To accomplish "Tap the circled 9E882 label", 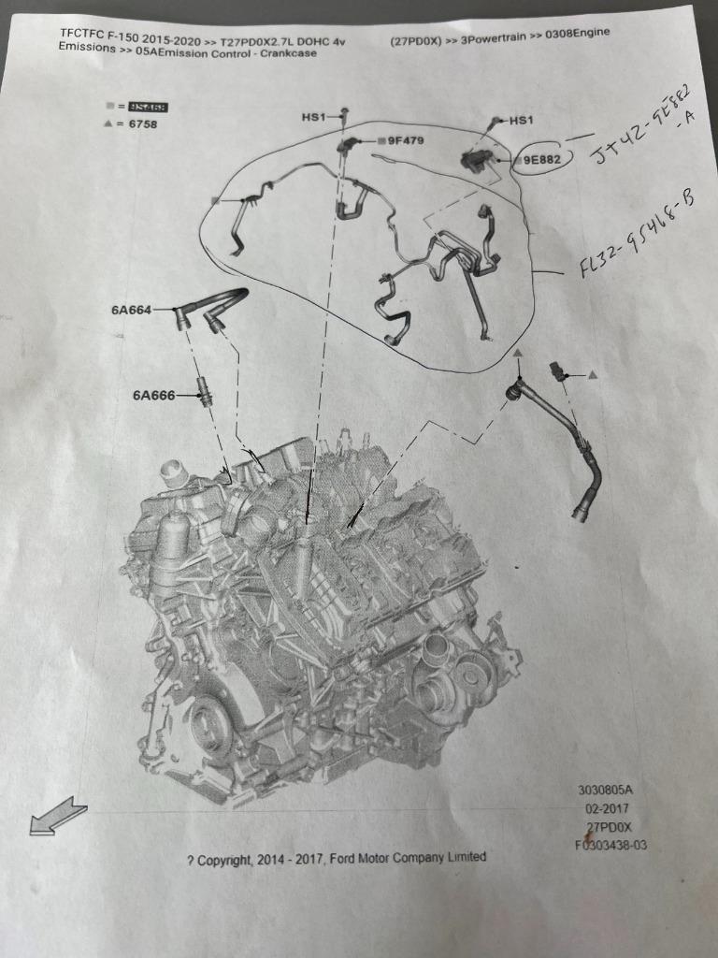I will [x=541, y=160].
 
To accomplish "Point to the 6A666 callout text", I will [x=153, y=396].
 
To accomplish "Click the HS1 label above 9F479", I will [x=313, y=117].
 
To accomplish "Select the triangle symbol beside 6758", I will [x=109, y=124].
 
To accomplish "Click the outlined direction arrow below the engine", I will [x=58, y=816].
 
